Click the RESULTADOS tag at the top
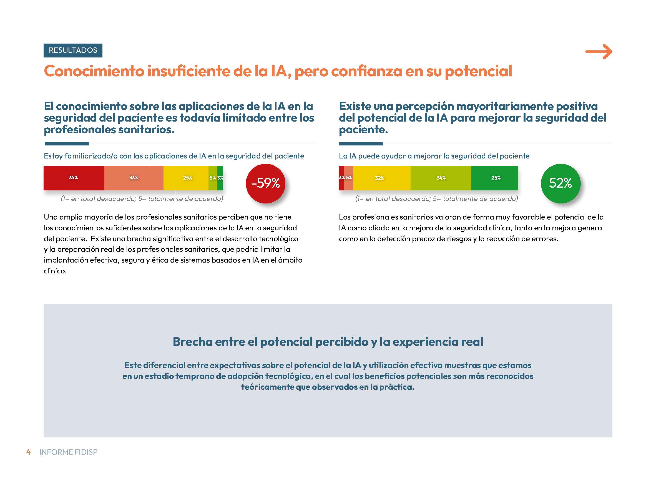(x=73, y=50)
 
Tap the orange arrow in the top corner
(x=599, y=52)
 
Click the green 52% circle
(x=561, y=183)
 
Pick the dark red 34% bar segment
(x=74, y=178)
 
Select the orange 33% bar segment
(x=134, y=178)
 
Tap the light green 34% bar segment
(x=441, y=178)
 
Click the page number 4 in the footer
(x=28, y=452)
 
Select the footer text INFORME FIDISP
(x=68, y=452)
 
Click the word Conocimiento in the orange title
(x=94, y=71)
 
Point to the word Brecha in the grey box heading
(x=192, y=342)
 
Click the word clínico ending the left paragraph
(x=55, y=271)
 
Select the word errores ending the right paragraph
(x=545, y=239)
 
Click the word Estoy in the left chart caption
(x=53, y=156)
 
